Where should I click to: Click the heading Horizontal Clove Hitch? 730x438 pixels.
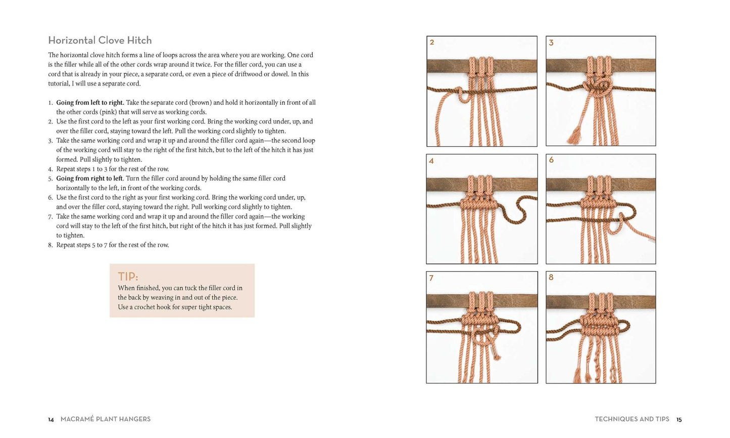pos(100,40)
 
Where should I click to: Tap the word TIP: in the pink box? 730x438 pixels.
pos(128,277)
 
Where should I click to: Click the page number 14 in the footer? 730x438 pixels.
pos(51,419)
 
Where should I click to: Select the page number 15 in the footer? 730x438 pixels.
pos(679,419)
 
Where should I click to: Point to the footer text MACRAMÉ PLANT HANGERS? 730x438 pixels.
pos(106,419)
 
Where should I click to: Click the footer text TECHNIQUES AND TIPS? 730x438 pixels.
pos(632,419)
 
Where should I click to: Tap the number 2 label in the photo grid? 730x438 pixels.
pos(432,42)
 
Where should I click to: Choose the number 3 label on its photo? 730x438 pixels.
pos(551,42)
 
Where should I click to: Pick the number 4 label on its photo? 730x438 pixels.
pos(431,160)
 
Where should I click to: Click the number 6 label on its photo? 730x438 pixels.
pos(551,160)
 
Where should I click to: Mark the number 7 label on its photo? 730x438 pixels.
pos(431,278)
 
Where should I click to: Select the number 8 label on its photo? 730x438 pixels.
pos(551,277)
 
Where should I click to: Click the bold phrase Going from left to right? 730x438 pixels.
pos(90,103)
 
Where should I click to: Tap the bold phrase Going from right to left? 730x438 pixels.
pos(89,178)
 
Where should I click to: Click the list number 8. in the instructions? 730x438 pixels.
pos(51,245)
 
